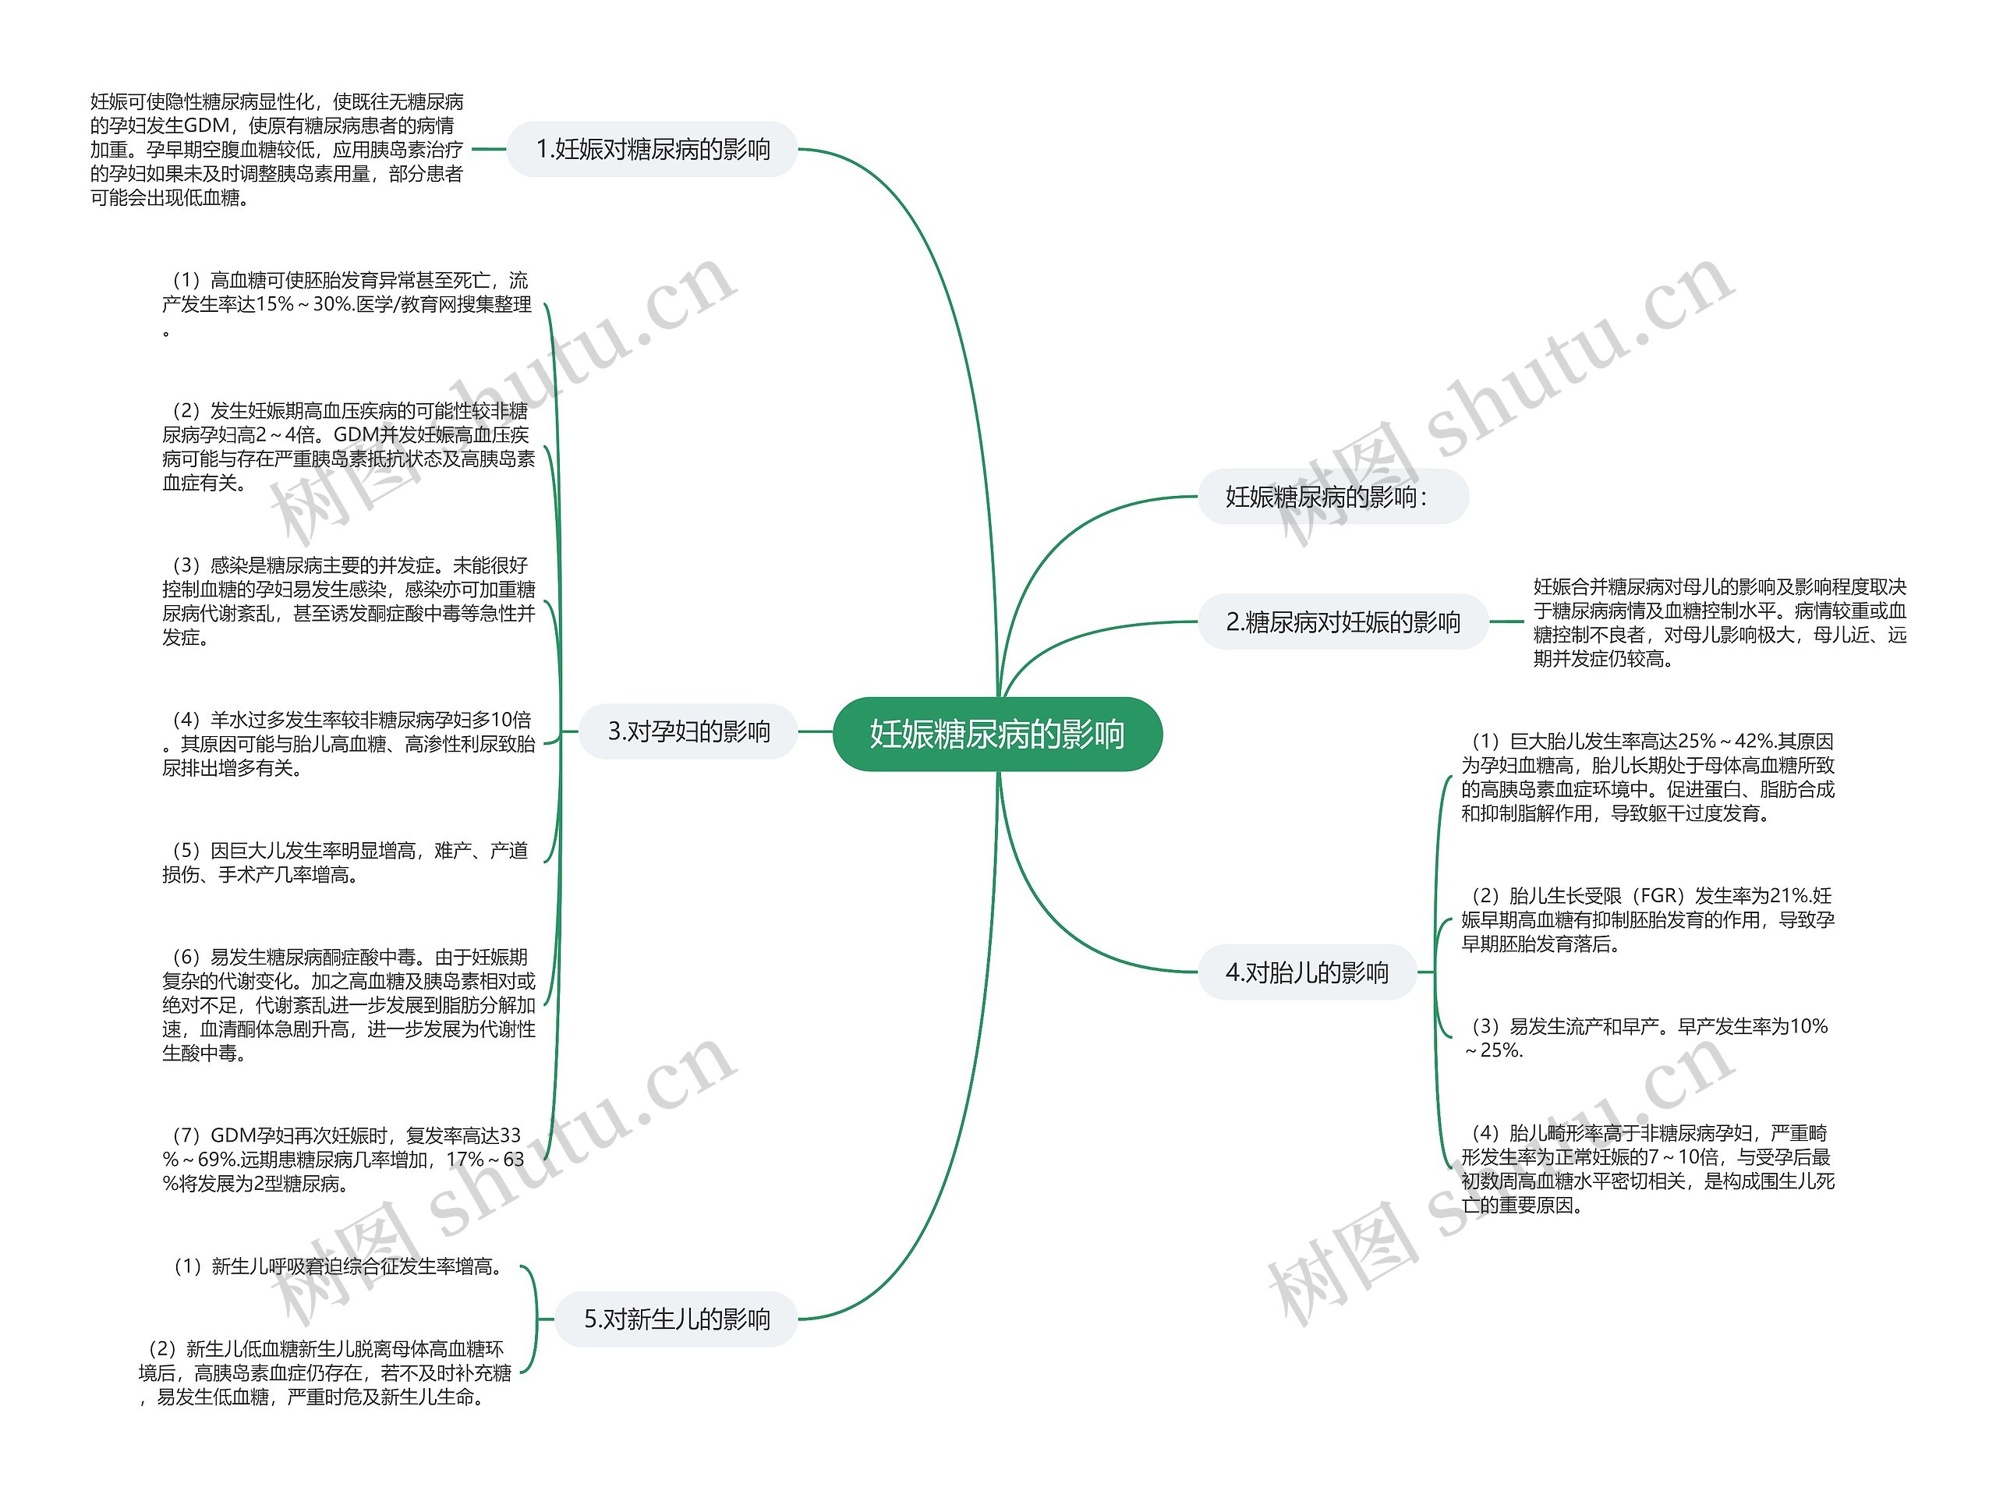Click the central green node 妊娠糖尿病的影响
click(x=997, y=734)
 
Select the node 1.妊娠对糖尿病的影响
click(x=653, y=149)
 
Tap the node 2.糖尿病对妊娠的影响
click(x=1343, y=622)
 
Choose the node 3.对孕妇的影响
click(x=688, y=731)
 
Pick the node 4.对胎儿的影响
click(x=1307, y=972)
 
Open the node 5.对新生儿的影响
click(x=677, y=1319)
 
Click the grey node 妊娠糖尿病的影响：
click(x=1332, y=496)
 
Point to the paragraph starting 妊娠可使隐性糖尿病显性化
click(x=277, y=150)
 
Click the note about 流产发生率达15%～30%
click(x=348, y=304)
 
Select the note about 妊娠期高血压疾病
click(x=349, y=447)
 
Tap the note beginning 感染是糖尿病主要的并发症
click(x=349, y=601)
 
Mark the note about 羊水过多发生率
click(x=349, y=744)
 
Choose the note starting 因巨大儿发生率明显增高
click(x=345, y=862)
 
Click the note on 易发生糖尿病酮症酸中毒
click(x=349, y=1004)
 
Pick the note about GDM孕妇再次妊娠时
click(x=343, y=1159)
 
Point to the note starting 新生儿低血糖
click(x=325, y=1372)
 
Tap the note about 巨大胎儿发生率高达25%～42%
click(x=1647, y=777)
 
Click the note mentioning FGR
click(x=1647, y=919)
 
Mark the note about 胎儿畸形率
click(x=1647, y=1169)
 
